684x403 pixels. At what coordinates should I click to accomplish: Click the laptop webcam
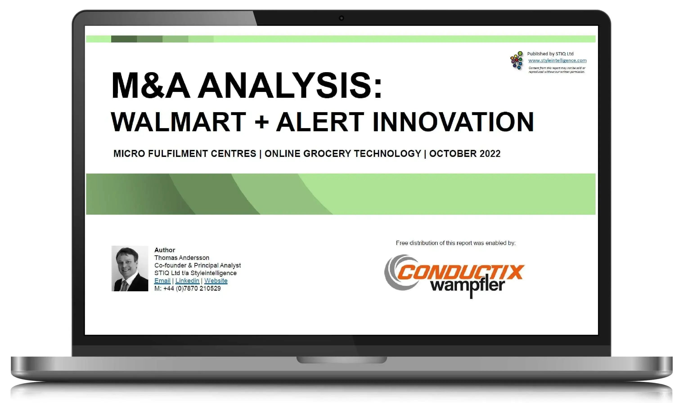pyautogui.click(x=342, y=18)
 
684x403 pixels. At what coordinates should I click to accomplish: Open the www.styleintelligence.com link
pyautogui.click(x=557, y=60)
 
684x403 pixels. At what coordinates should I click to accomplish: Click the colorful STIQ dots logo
pyautogui.click(x=517, y=60)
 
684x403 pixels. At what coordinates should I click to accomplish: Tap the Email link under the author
pyautogui.click(x=162, y=281)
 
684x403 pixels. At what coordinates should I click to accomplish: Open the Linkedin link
pyautogui.click(x=187, y=281)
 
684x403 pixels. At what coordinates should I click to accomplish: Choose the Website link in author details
pyautogui.click(x=216, y=281)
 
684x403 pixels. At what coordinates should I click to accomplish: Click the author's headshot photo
pyautogui.click(x=130, y=269)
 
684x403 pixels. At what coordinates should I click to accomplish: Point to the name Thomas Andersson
pyautogui.click(x=182, y=258)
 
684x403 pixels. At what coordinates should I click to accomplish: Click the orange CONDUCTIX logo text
pyautogui.click(x=461, y=272)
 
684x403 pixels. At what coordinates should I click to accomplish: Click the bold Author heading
pyautogui.click(x=165, y=250)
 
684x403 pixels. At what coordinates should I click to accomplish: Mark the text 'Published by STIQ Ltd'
pyautogui.click(x=550, y=54)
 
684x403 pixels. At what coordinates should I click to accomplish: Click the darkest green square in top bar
pyautogui.click(x=124, y=39)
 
